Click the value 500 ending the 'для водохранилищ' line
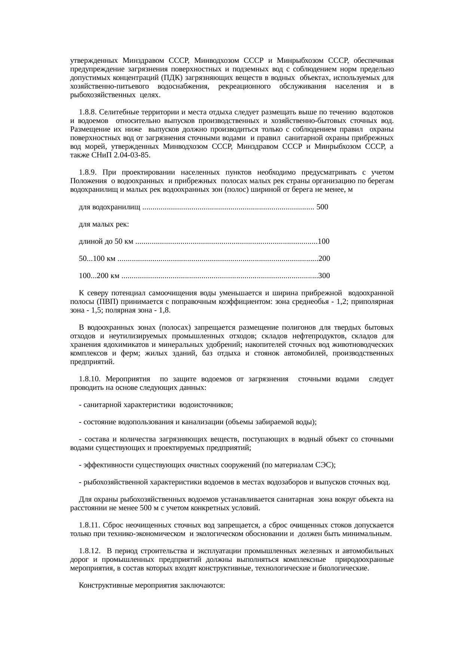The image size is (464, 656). point(322,207)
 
